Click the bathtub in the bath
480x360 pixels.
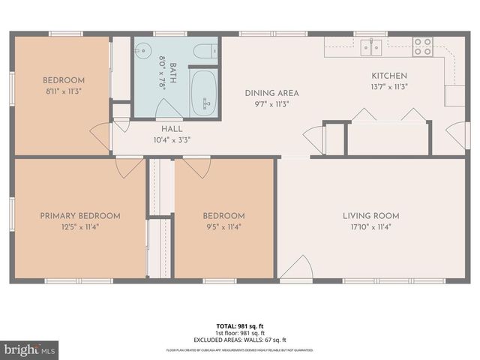point(203,93)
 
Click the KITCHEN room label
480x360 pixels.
point(390,76)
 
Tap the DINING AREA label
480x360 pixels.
point(271,93)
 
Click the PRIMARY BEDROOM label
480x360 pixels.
point(79,216)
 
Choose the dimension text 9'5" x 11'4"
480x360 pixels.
point(223,226)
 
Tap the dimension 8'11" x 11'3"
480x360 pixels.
point(63,91)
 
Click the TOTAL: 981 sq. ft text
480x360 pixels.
point(240,325)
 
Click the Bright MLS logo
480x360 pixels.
point(29,349)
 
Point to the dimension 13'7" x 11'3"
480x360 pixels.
point(390,86)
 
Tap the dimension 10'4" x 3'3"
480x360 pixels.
point(172,139)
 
